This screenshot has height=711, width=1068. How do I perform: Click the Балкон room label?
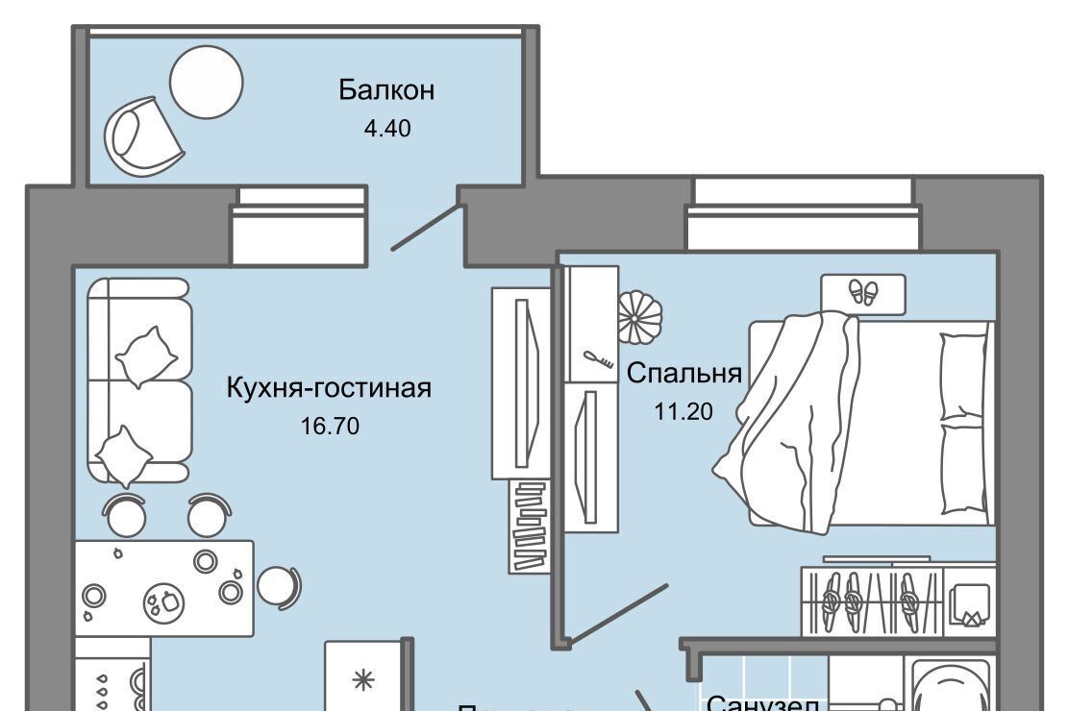[386, 90]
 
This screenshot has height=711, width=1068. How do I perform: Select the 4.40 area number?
[386, 128]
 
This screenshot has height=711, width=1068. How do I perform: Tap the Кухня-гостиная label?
[329, 388]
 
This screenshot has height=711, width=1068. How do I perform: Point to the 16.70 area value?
[329, 426]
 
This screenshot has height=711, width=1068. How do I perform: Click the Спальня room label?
[684, 373]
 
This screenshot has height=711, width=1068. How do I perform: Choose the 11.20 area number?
[683, 412]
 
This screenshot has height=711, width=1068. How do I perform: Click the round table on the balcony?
[206, 82]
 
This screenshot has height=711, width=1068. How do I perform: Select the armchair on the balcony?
[144, 136]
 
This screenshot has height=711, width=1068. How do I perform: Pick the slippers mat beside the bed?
[863, 293]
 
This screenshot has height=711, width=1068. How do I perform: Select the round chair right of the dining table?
[278, 583]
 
